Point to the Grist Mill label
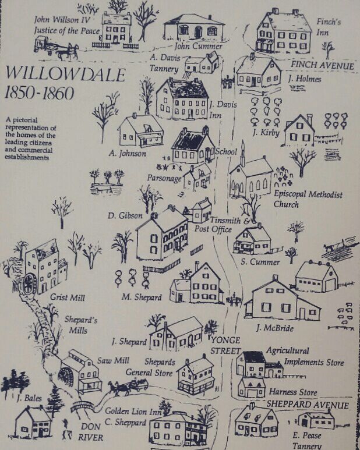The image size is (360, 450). pyautogui.click(x=67, y=298)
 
